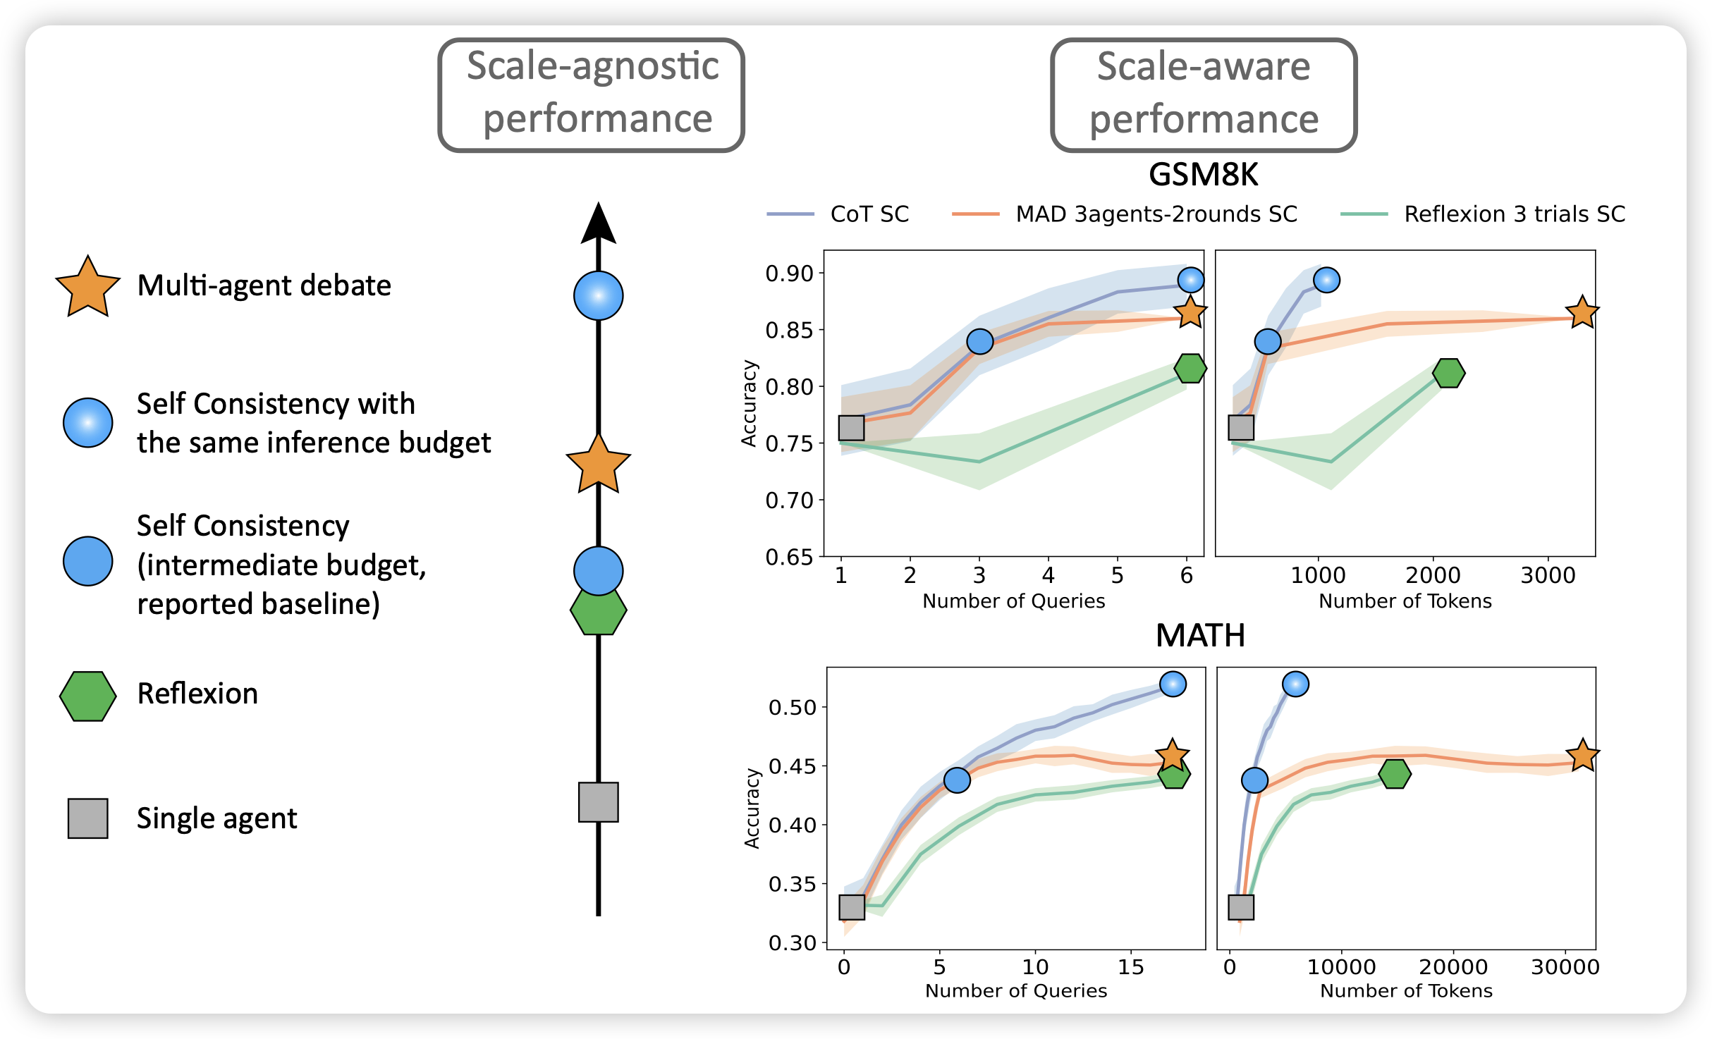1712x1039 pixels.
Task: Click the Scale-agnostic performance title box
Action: coord(591,94)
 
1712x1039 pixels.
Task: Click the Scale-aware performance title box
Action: coord(1203,94)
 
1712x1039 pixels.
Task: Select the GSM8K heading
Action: coord(1203,175)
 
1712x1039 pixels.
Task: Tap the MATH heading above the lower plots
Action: coord(1200,636)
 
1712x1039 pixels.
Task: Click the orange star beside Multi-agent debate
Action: coord(87,287)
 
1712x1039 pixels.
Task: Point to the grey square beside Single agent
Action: coord(87,818)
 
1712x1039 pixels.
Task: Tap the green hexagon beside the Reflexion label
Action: coord(87,696)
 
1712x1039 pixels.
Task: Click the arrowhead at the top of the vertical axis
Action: coord(599,224)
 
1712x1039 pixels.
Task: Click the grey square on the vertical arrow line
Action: coord(599,802)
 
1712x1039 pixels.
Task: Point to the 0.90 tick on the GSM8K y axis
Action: coord(789,273)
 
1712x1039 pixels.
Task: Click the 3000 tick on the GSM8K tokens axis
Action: coord(1548,576)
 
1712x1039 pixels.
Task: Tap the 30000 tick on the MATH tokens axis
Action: coord(1565,966)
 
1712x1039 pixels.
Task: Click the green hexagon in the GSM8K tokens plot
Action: coord(1448,373)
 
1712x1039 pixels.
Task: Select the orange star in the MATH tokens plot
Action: coord(1582,756)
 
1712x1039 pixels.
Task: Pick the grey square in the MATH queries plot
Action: coord(852,907)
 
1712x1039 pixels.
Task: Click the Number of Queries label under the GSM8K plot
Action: coord(1013,601)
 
